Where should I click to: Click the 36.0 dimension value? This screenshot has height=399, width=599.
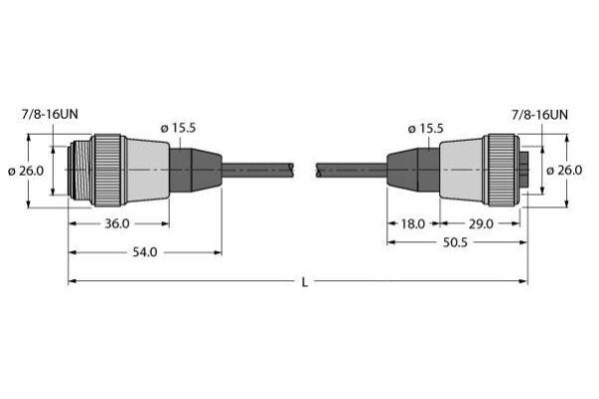[x=117, y=223]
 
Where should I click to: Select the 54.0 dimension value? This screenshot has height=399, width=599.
[x=145, y=252]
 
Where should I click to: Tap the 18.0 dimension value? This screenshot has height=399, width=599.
[x=412, y=223]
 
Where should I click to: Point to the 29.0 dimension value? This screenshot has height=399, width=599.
[x=481, y=223]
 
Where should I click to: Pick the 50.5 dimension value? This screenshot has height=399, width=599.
[x=455, y=242]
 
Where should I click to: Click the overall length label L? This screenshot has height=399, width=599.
[x=304, y=282]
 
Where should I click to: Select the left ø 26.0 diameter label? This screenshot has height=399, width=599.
[x=26, y=171]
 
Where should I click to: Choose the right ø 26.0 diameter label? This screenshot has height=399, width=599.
[x=564, y=170]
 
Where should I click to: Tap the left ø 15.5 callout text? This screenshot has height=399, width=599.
[x=178, y=128]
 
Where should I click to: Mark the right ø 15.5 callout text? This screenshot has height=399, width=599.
[x=425, y=129]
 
